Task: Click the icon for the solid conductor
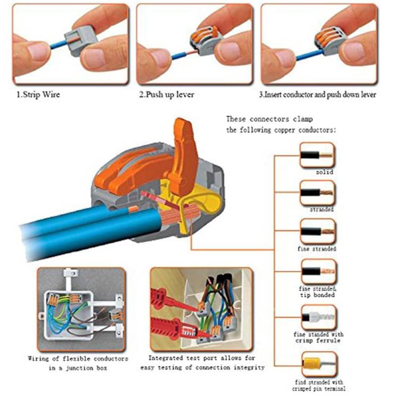click(x=317, y=155)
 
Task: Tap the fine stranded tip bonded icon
click(x=317, y=271)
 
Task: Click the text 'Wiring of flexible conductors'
click(x=78, y=358)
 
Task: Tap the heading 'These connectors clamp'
click(x=269, y=119)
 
